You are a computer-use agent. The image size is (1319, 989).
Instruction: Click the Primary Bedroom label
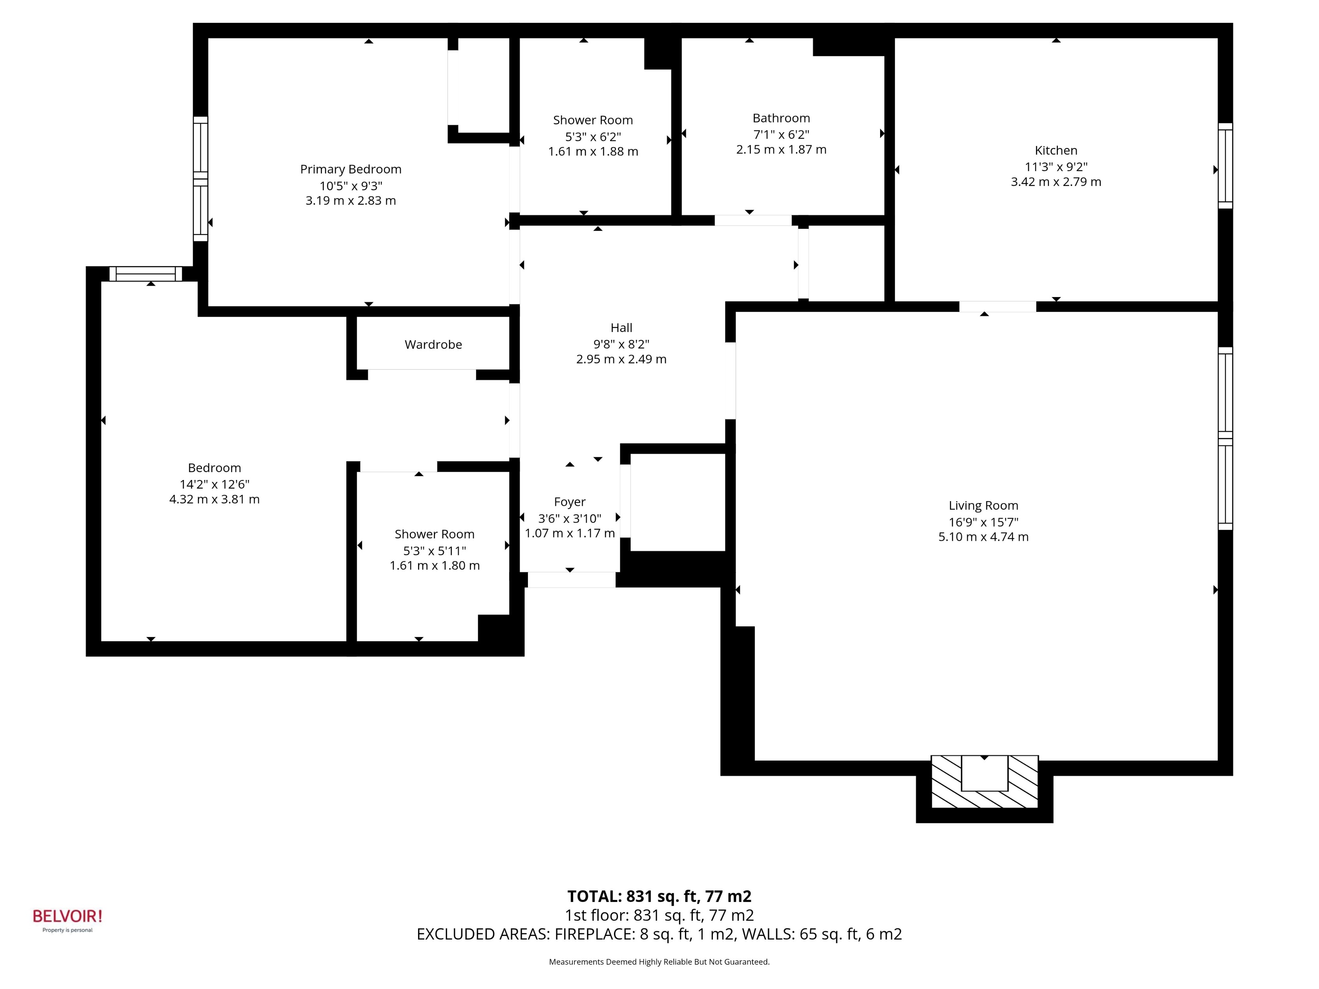pos(351,169)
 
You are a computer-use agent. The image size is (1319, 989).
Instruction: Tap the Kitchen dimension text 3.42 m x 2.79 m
pos(1056,182)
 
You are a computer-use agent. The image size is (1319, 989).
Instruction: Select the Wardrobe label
pos(433,345)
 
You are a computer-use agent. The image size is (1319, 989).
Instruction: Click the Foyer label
pos(570,502)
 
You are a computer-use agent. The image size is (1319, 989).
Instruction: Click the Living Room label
pos(983,505)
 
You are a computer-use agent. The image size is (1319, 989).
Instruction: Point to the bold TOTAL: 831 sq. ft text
pos(659,896)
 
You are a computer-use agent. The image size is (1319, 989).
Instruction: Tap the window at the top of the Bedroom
pos(146,274)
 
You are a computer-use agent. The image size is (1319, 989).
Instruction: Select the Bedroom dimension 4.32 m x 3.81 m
pos(214,500)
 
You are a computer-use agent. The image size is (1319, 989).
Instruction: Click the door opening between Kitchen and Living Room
pos(997,307)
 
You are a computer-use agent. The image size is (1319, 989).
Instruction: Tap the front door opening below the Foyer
pos(571,579)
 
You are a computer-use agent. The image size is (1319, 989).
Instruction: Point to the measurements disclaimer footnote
pos(659,962)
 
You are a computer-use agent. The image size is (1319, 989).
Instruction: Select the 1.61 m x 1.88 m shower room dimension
pos(593,152)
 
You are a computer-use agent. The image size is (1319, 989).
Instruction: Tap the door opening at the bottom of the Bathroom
pos(753,220)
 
